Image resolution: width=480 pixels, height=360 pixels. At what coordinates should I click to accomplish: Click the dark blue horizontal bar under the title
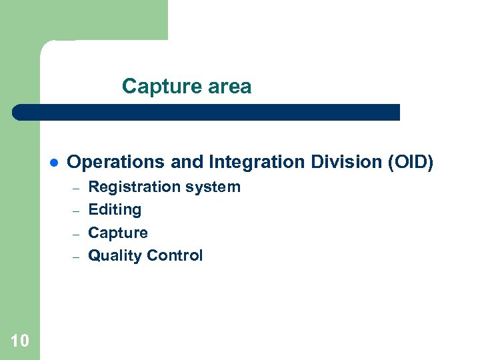pyautogui.click(x=207, y=112)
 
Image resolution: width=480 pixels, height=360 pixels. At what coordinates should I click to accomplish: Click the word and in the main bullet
pyautogui.click(x=185, y=162)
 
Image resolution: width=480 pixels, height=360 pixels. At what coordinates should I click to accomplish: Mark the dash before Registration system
pyautogui.click(x=76, y=187)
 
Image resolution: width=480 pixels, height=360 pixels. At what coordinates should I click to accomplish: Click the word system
pyautogui.click(x=211, y=187)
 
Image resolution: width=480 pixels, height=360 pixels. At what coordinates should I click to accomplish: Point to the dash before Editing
pyautogui.click(x=76, y=211)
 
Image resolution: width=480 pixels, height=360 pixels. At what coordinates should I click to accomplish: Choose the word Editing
pyautogui.click(x=115, y=210)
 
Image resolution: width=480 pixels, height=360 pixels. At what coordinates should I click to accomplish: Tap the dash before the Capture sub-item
pyautogui.click(x=76, y=234)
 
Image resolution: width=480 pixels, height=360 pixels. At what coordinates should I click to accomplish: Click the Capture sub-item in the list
pyautogui.click(x=118, y=233)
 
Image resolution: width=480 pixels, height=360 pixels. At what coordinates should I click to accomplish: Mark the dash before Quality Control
pyautogui.click(x=76, y=257)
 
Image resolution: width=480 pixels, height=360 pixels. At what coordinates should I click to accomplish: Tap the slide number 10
pyautogui.click(x=20, y=341)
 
